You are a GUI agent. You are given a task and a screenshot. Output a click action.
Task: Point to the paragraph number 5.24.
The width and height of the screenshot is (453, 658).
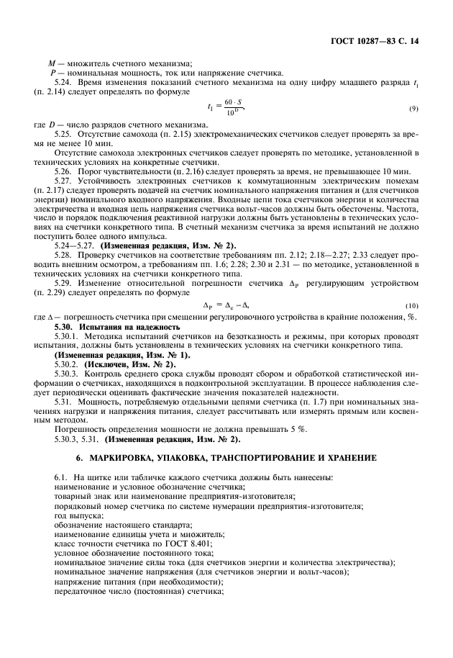[64, 81]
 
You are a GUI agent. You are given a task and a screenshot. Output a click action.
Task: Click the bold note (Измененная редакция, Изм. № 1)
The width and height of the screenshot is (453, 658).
[122, 354]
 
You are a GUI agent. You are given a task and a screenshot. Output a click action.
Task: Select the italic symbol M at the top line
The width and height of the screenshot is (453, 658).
[51, 63]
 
